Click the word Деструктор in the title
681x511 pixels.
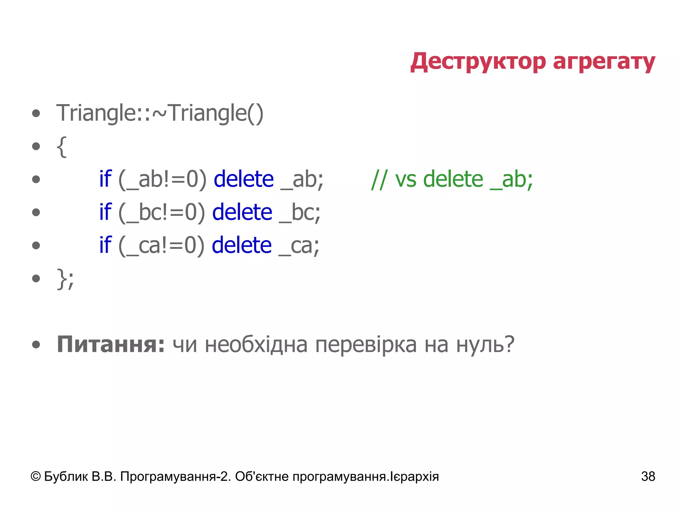(x=478, y=62)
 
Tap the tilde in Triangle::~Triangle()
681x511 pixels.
(x=160, y=113)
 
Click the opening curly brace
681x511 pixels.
(x=62, y=147)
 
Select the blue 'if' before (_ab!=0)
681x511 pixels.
(x=105, y=179)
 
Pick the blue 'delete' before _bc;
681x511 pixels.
(x=242, y=212)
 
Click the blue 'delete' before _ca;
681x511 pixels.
(x=242, y=245)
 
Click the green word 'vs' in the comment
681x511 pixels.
(x=405, y=180)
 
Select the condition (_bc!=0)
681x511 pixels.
(x=162, y=212)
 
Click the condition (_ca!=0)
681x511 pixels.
(x=161, y=245)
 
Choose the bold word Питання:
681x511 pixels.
(x=111, y=344)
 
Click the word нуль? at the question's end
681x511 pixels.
(x=485, y=344)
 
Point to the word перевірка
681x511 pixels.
(x=366, y=345)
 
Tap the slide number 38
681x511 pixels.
(x=648, y=476)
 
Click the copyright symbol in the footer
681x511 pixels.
(x=36, y=476)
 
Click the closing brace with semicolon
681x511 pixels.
(x=65, y=279)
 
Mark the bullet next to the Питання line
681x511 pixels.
(x=36, y=345)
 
